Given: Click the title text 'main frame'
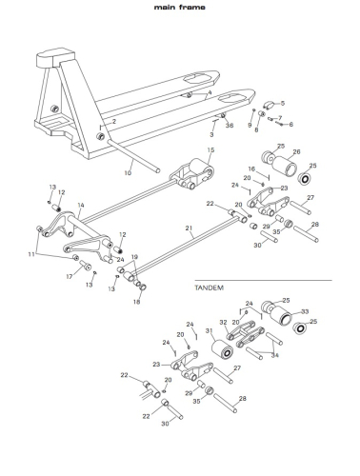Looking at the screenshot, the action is (x=180, y=7).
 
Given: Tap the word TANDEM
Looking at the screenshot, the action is (x=210, y=288).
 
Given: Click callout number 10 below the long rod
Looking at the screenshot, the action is (x=128, y=173).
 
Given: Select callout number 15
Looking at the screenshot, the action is (x=211, y=149).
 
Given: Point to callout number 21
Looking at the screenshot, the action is (x=190, y=228).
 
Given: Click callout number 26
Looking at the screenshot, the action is (x=297, y=151).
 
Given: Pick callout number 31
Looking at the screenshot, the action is (x=209, y=330).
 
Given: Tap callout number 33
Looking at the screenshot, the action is (x=305, y=311).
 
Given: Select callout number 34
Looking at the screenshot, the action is (x=274, y=355).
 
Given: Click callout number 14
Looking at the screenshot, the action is (x=81, y=205).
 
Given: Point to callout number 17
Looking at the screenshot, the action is (x=70, y=276).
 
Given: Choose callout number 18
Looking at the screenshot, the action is (x=136, y=302).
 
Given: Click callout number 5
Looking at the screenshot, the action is (x=283, y=103).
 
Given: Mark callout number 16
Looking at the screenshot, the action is (x=251, y=169).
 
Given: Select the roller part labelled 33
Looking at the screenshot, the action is (x=281, y=318).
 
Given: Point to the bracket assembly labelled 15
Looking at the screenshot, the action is (x=191, y=173).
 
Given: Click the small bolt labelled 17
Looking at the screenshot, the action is (x=85, y=264).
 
